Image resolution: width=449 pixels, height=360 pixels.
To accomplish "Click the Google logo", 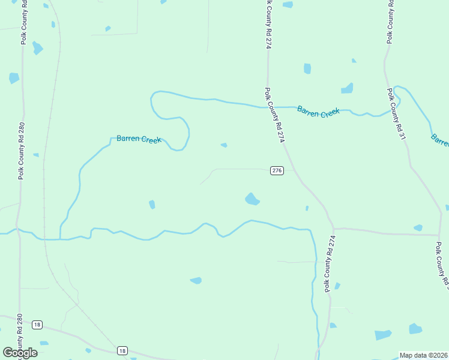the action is tap(20, 353).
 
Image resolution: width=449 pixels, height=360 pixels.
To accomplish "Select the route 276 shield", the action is tap(277, 170).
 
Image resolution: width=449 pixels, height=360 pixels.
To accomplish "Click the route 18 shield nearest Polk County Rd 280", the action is tap(37, 325).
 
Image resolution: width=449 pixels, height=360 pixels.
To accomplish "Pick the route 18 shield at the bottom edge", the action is tap(122, 350).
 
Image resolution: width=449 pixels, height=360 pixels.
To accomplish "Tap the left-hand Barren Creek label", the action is tap(139, 139).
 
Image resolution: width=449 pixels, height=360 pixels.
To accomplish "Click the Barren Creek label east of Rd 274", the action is tap(318, 112).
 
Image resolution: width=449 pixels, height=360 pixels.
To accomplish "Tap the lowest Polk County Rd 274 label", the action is tap(328, 263).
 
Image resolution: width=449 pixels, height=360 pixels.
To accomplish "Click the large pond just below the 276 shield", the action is tap(252, 199).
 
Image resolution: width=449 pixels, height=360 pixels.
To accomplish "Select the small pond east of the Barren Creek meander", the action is tap(224, 145).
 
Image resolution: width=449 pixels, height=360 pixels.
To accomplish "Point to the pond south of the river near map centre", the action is tap(196, 280).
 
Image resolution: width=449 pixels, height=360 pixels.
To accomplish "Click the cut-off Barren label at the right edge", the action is tap(439, 140).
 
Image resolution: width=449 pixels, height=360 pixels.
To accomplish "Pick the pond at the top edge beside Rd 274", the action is tap(288, 5).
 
